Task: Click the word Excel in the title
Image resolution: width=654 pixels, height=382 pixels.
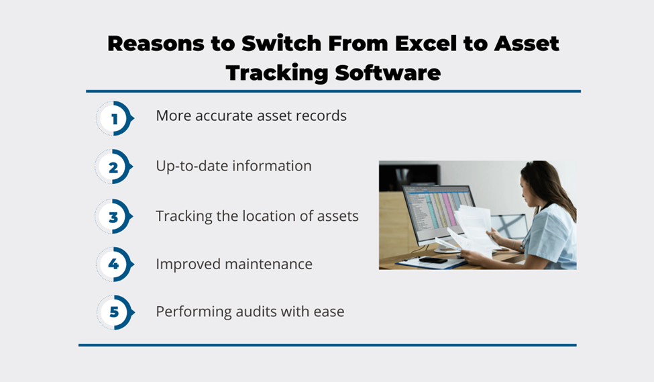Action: tap(425, 44)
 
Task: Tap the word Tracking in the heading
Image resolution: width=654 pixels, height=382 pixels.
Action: tap(278, 73)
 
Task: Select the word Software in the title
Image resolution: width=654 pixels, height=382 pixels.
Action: tap(388, 73)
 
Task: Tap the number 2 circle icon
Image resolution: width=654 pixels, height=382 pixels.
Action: tap(114, 167)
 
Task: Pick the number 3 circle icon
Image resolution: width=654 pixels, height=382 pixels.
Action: tap(114, 216)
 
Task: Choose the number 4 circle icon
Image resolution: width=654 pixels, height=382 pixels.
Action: tap(115, 265)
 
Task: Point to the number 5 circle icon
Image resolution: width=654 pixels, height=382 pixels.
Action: tap(115, 312)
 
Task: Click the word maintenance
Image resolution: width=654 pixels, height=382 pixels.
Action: tap(268, 265)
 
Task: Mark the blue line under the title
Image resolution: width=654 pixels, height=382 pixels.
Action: tap(333, 91)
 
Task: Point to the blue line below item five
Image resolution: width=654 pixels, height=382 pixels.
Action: tap(327, 345)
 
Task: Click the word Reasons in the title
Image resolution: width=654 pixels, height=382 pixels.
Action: tap(156, 44)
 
